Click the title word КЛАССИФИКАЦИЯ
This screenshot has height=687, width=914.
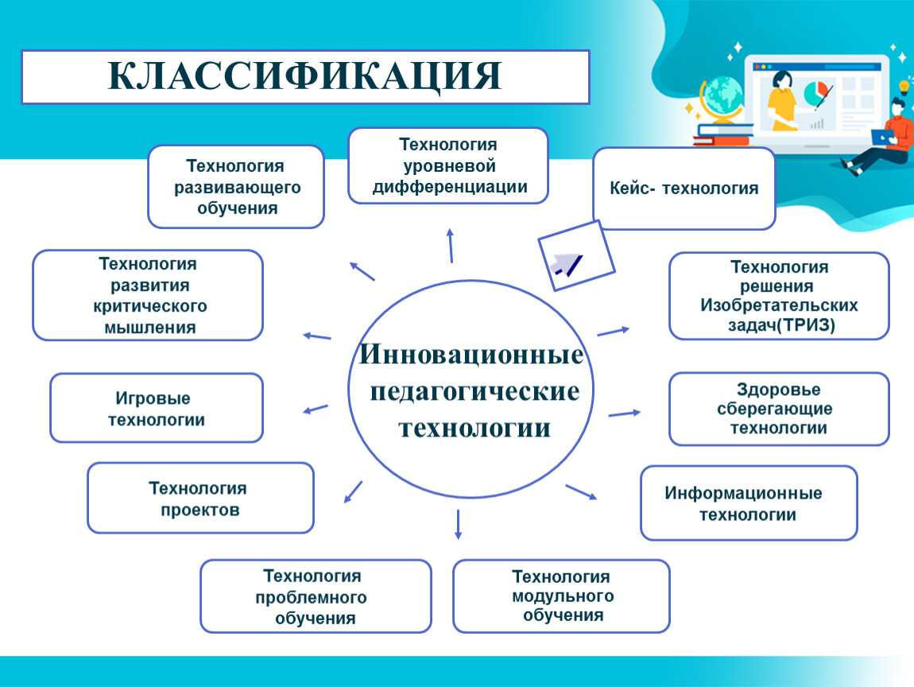coord(305,76)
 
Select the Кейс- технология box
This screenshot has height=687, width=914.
coord(684,188)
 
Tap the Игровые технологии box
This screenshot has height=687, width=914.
coord(157,408)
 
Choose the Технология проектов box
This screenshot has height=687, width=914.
coord(200,498)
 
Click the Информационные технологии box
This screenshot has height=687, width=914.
coord(749,503)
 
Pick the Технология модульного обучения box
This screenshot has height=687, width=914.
coord(561,596)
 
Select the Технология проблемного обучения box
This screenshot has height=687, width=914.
coord(316,596)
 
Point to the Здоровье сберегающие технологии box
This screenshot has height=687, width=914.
coord(779,409)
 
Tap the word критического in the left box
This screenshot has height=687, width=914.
coord(149,306)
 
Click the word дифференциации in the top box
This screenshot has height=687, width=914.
coord(449,187)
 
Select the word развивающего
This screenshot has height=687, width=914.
coord(238,188)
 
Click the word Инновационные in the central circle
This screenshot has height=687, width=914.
coord(471,354)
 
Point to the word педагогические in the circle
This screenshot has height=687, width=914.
coord(474,391)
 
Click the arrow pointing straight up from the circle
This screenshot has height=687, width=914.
coord(451,246)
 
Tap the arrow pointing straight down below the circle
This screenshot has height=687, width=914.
coord(458,524)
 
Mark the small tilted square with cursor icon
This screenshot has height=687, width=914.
coord(576,255)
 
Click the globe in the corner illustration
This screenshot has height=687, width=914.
coord(722,96)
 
